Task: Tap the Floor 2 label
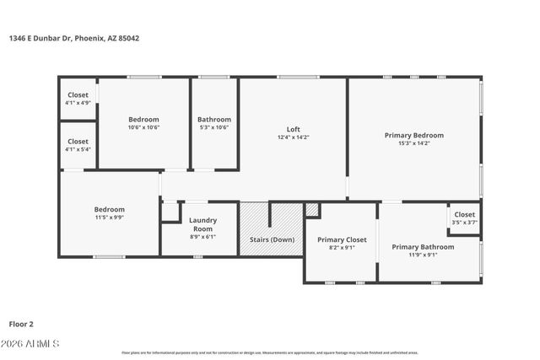[x=20, y=323]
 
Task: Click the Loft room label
[x=294, y=129]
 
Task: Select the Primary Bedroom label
[x=413, y=135]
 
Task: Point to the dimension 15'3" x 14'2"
[x=413, y=143]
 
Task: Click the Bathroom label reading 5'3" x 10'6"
[x=214, y=120]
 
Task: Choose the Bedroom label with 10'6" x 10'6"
[x=143, y=120]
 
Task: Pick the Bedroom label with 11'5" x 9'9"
[x=109, y=209]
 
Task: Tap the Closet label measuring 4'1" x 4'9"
[x=78, y=95]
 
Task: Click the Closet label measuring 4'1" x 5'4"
[x=78, y=142]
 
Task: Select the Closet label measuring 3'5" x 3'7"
[x=465, y=214]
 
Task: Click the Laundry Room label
[x=202, y=224]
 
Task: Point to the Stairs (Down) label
[x=272, y=240]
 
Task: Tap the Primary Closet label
[x=342, y=240]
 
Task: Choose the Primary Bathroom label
[x=423, y=247]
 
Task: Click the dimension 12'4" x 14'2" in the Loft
[x=294, y=137]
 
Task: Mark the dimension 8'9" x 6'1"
[x=202, y=237]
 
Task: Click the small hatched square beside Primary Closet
[x=312, y=209]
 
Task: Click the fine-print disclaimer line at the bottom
[x=270, y=352]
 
